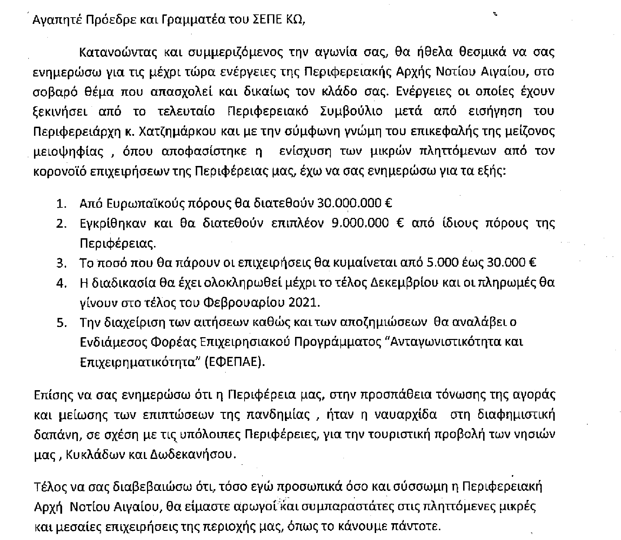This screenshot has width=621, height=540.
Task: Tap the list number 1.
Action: tap(61, 203)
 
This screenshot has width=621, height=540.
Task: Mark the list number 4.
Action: tap(61, 282)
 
